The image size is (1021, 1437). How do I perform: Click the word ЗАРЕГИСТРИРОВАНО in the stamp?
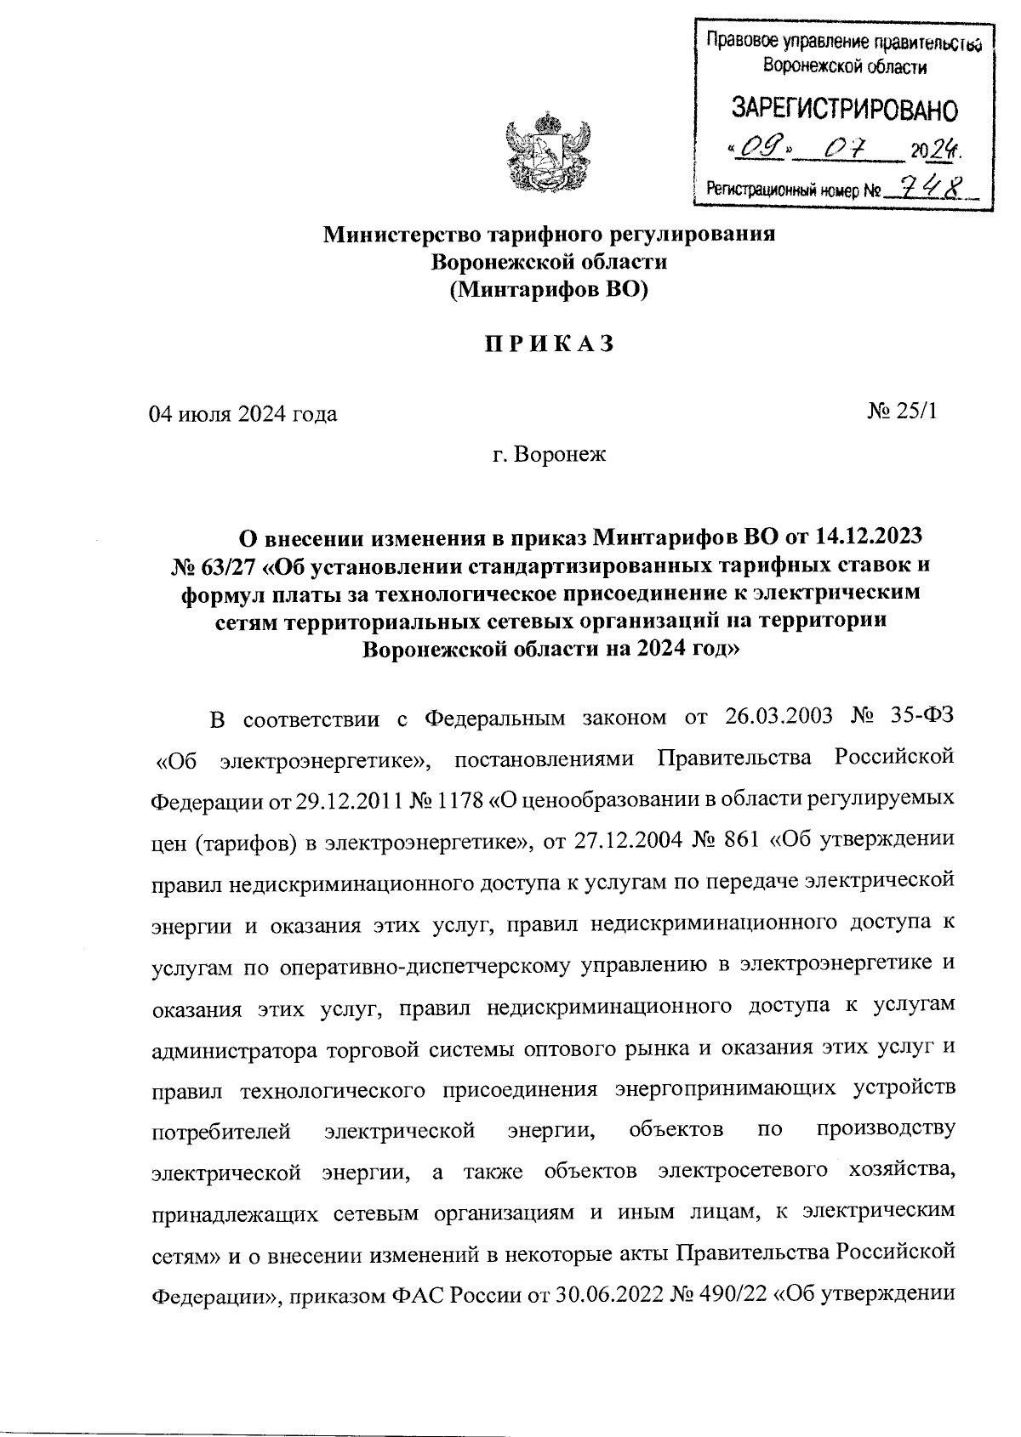tap(844, 111)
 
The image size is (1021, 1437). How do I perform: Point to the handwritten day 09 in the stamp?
tap(759, 151)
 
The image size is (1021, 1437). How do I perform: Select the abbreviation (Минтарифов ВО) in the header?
tap(549, 290)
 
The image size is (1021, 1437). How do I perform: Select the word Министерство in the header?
tap(396, 234)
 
